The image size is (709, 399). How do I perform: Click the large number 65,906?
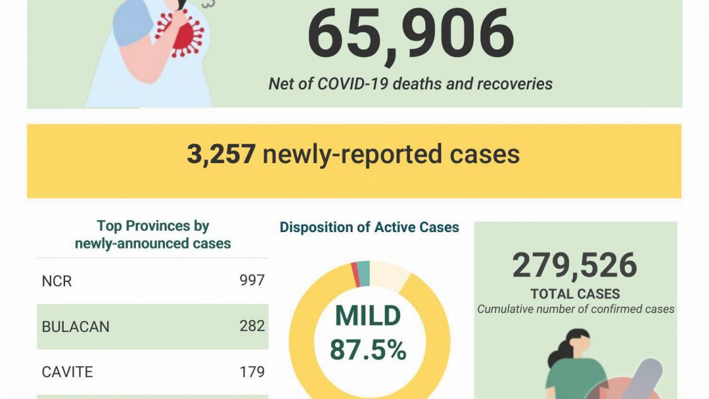click(411, 35)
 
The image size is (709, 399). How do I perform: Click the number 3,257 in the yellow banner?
click(221, 154)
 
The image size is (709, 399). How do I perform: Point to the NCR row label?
click(57, 281)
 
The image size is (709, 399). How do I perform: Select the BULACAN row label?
click(75, 327)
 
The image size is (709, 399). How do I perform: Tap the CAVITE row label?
click(67, 372)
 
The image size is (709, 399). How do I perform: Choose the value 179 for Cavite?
click(251, 372)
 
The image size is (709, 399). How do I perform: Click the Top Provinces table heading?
click(153, 235)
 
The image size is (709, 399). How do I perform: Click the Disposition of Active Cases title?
click(369, 228)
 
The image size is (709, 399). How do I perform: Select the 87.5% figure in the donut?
click(368, 350)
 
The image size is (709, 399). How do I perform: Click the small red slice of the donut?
click(356, 274)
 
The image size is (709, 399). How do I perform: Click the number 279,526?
click(574, 266)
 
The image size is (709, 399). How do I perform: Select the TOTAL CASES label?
click(575, 294)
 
